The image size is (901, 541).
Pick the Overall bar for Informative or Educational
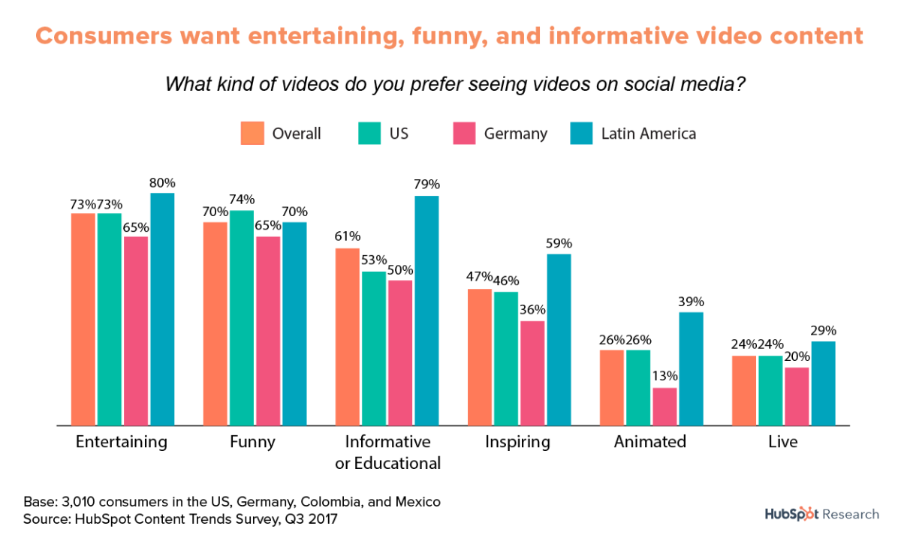pyautogui.click(x=348, y=337)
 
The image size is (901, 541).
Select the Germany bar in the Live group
pyautogui.click(x=797, y=396)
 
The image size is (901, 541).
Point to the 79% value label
pyautogui.click(x=426, y=184)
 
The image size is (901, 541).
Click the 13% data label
pyautogui.click(x=665, y=375)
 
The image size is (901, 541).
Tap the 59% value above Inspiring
pyautogui.click(x=559, y=242)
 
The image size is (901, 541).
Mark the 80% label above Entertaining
pyautogui.click(x=162, y=182)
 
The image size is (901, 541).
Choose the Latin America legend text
pyautogui.click(x=648, y=134)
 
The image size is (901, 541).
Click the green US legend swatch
pyautogui.click(x=368, y=133)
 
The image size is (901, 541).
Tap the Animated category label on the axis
pyautogui.click(x=650, y=441)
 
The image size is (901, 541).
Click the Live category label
pyautogui.click(x=782, y=441)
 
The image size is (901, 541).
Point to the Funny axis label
pyautogui.click(x=252, y=441)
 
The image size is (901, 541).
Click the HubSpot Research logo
pyautogui.click(x=821, y=514)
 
